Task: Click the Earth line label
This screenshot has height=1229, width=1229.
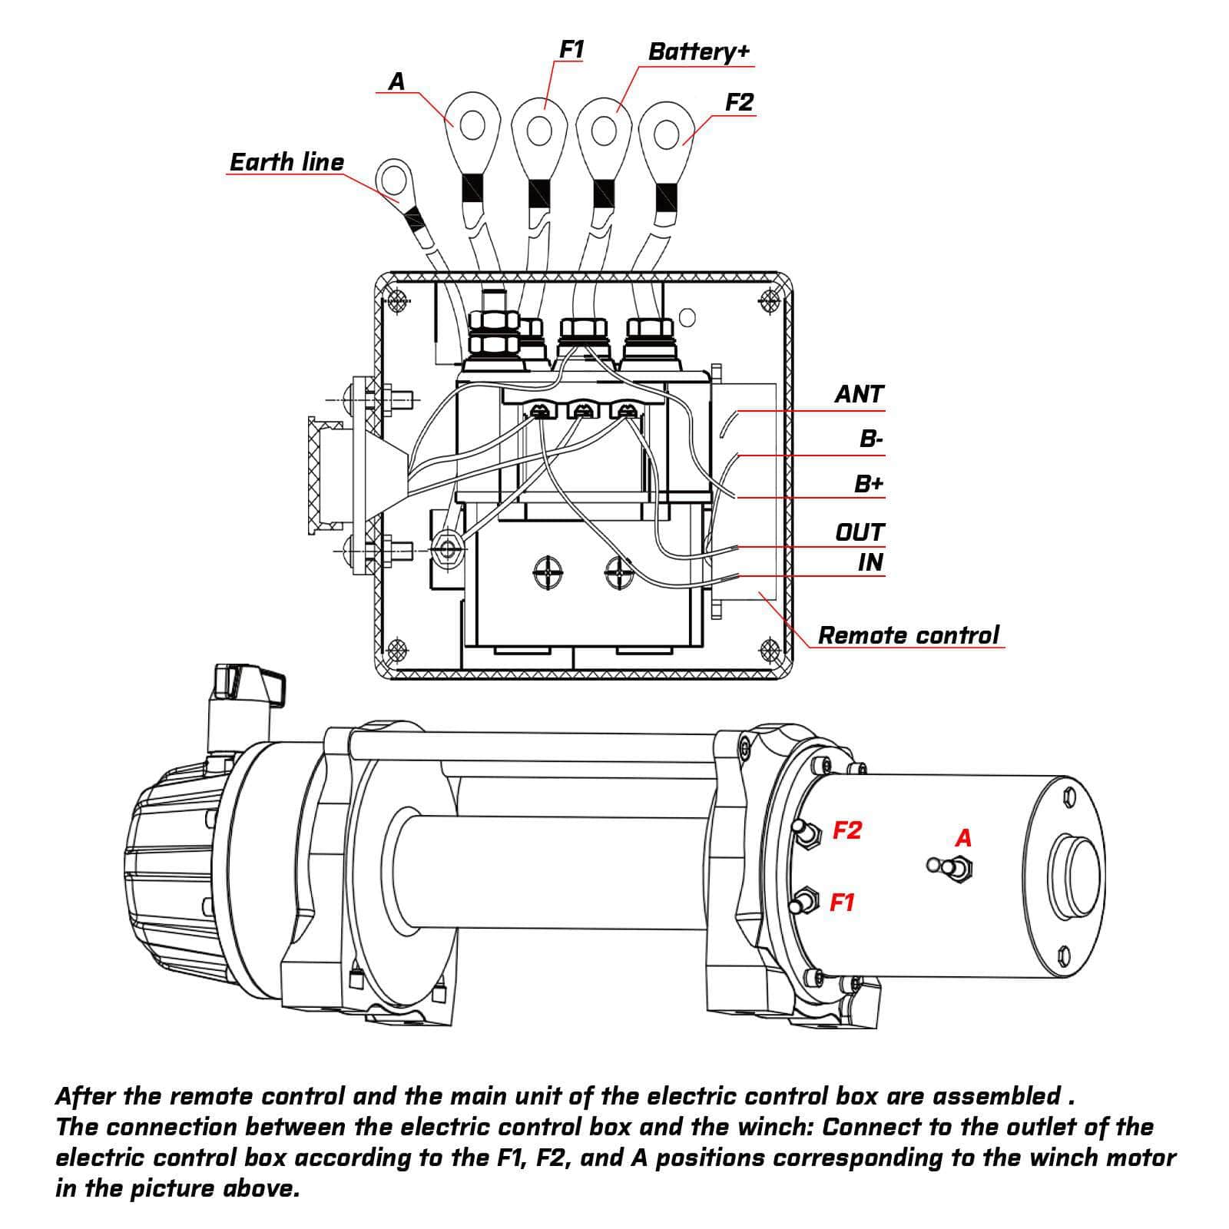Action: [x=287, y=162]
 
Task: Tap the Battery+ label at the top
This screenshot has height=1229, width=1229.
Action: [x=697, y=51]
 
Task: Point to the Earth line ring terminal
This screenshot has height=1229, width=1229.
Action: [x=396, y=180]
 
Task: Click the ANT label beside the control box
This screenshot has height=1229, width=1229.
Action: [x=859, y=394]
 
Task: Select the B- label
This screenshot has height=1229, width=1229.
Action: [x=870, y=439]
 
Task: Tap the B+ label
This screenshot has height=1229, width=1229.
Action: [x=869, y=484]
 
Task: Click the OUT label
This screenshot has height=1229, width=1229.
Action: [x=860, y=532]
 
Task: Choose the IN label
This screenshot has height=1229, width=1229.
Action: [x=870, y=562]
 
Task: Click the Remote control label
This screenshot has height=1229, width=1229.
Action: [x=908, y=635]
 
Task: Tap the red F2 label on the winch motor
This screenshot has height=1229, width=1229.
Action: [x=847, y=830]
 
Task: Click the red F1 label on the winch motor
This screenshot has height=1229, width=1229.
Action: [x=842, y=903]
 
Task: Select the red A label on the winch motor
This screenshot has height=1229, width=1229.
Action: [x=963, y=838]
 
